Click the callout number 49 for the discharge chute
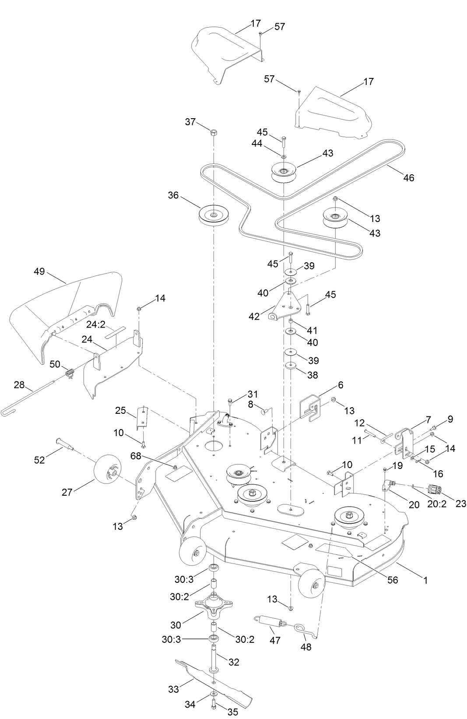pyautogui.click(x=39, y=271)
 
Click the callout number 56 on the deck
pyautogui.click(x=393, y=580)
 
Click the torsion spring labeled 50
pyautogui.click(x=69, y=374)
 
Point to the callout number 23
pyautogui.click(x=460, y=504)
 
